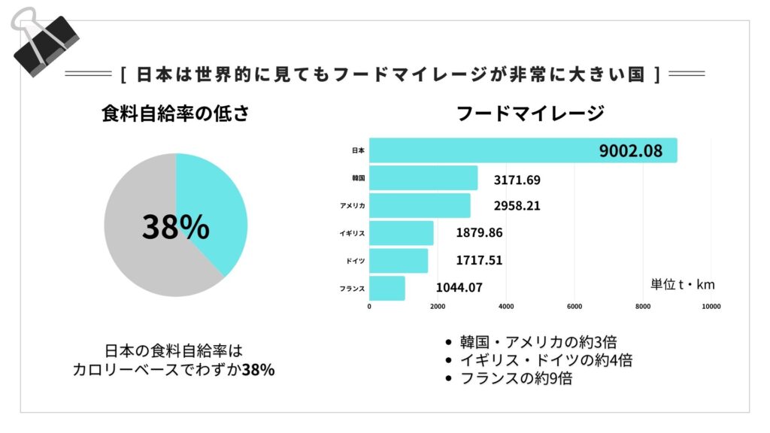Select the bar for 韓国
click(423, 178)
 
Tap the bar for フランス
click(387, 288)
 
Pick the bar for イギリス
click(402, 233)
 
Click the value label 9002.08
click(631, 150)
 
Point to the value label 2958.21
click(517, 205)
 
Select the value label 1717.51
click(479, 260)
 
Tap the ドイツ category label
click(356, 260)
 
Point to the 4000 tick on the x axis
click(506, 306)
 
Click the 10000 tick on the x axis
click(711, 306)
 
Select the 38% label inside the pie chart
click(175, 226)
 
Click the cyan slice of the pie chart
click(214, 203)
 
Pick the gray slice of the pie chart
click(139, 241)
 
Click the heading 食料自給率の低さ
click(175, 114)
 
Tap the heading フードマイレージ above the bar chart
click(531, 114)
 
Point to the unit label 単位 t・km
click(682, 284)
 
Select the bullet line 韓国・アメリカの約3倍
click(538, 342)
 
